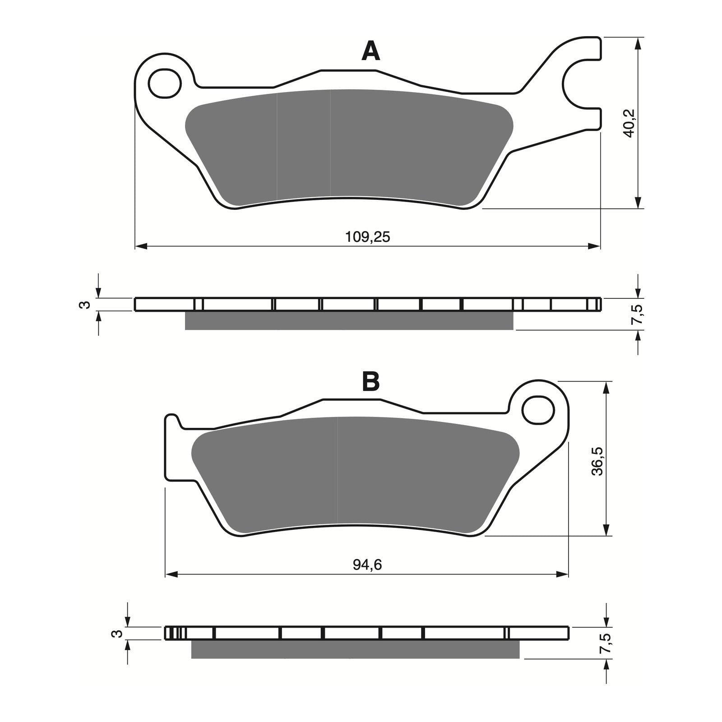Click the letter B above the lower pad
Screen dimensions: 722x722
point(371,382)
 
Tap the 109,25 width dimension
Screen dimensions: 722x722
point(367,236)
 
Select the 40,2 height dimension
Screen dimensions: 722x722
point(630,123)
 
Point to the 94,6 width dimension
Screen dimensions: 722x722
point(367,565)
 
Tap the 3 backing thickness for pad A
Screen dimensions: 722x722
point(83,305)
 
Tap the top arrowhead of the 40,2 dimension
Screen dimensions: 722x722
point(638,43)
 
